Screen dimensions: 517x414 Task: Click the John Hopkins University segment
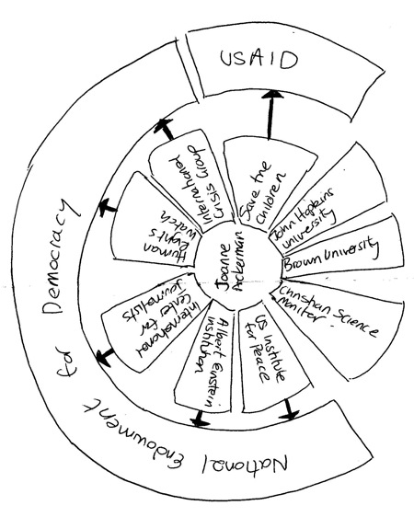point(307,218)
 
